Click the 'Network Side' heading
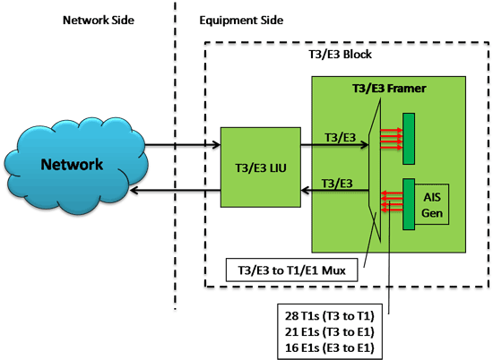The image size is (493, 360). [x=99, y=20]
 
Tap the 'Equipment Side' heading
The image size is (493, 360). [x=241, y=21]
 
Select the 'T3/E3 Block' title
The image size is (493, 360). [x=341, y=55]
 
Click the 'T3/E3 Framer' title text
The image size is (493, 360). [x=389, y=89]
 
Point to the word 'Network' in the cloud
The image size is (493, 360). [x=72, y=164]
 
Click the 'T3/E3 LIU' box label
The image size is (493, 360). [x=261, y=168]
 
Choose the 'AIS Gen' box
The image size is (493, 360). [x=432, y=204]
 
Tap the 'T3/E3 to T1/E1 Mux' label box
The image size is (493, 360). [x=292, y=270]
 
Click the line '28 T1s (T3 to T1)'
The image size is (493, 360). [x=330, y=316]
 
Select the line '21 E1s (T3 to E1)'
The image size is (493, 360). [x=330, y=331]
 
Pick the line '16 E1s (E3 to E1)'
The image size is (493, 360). [x=330, y=347]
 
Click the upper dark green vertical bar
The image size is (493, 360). [x=409, y=139]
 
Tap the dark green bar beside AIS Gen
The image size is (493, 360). [x=409, y=204]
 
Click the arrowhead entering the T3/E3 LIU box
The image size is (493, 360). [x=217, y=145]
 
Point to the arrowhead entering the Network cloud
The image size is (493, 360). [x=134, y=190]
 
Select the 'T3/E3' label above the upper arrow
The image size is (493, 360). [x=341, y=137]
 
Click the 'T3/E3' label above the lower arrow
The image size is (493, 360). [x=337, y=184]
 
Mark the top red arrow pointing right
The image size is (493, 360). [x=392, y=130]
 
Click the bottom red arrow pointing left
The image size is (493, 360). [x=392, y=210]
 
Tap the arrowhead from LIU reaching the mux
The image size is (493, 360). [x=365, y=145]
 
